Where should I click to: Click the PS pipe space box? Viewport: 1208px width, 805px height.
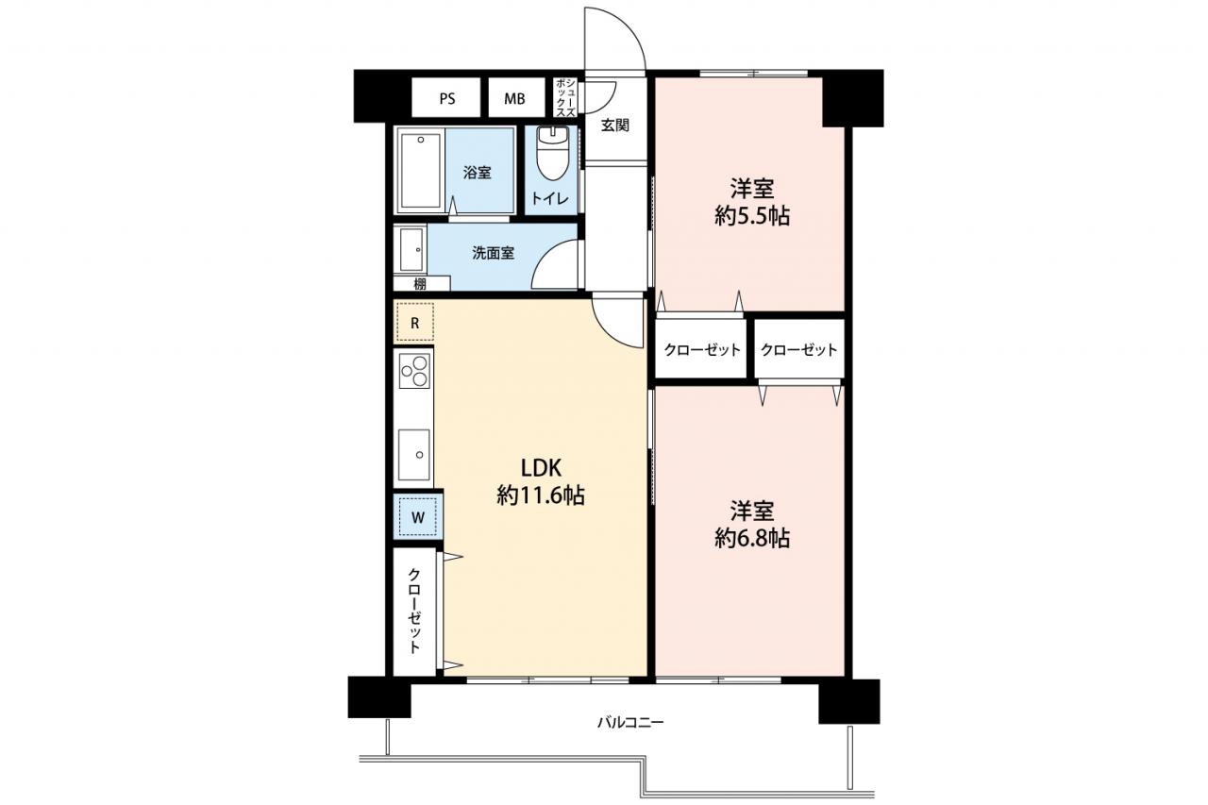click(x=446, y=97)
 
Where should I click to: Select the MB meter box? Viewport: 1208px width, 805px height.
click(x=516, y=97)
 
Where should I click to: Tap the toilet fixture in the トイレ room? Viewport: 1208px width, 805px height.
click(x=552, y=153)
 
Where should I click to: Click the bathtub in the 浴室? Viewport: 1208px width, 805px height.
click(x=421, y=171)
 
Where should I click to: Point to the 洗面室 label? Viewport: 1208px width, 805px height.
click(x=493, y=253)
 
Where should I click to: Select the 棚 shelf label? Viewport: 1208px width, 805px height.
click(x=420, y=283)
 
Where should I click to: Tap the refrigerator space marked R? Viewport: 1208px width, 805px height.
click(x=414, y=323)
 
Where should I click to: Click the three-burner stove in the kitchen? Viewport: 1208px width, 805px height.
click(x=414, y=371)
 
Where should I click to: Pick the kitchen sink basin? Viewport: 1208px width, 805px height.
click(x=414, y=455)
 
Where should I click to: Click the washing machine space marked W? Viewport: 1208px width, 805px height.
click(x=417, y=517)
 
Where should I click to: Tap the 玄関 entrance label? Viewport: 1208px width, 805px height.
click(x=614, y=126)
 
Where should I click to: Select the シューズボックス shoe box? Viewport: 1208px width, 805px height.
click(x=565, y=97)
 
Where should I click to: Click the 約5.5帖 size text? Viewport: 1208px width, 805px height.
click(x=752, y=217)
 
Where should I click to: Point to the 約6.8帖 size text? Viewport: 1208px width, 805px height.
click(x=752, y=538)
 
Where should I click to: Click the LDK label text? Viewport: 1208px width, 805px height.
click(x=541, y=468)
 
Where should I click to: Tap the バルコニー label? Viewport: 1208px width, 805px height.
click(x=630, y=721)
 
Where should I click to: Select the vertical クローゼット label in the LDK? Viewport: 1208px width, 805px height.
click(x=413, y=611)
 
